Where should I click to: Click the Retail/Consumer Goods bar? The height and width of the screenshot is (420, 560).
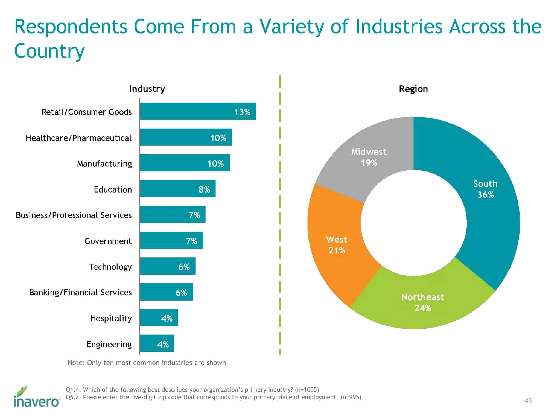click(x=198, y=111)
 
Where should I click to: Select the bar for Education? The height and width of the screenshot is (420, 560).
click(x=178, y=189)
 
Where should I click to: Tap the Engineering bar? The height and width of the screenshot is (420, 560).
click(x=157, y=343)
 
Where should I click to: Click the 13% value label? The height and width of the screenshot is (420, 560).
click(x=242, y=112)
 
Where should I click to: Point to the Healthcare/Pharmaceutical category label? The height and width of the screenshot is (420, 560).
click(x=78, y=138)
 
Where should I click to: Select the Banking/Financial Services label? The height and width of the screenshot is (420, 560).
click(x=80, y=292)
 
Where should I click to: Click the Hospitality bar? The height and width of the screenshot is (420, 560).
click(x=159, y=318)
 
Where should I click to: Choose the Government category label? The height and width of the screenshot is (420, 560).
click(x=108, y=241)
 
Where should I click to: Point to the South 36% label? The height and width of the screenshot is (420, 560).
click(x=485, y=189)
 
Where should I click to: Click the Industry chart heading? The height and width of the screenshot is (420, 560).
click(x=147, y=89)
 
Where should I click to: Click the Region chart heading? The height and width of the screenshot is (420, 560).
click(x=413, y=89)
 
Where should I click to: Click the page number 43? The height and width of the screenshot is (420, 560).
click(x=528, y=401)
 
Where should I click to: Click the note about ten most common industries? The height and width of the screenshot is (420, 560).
click(x=147, y=363)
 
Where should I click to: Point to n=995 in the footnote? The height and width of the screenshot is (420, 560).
click(x=351, y=397)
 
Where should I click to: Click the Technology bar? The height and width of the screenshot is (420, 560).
click(x=168, y=266)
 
